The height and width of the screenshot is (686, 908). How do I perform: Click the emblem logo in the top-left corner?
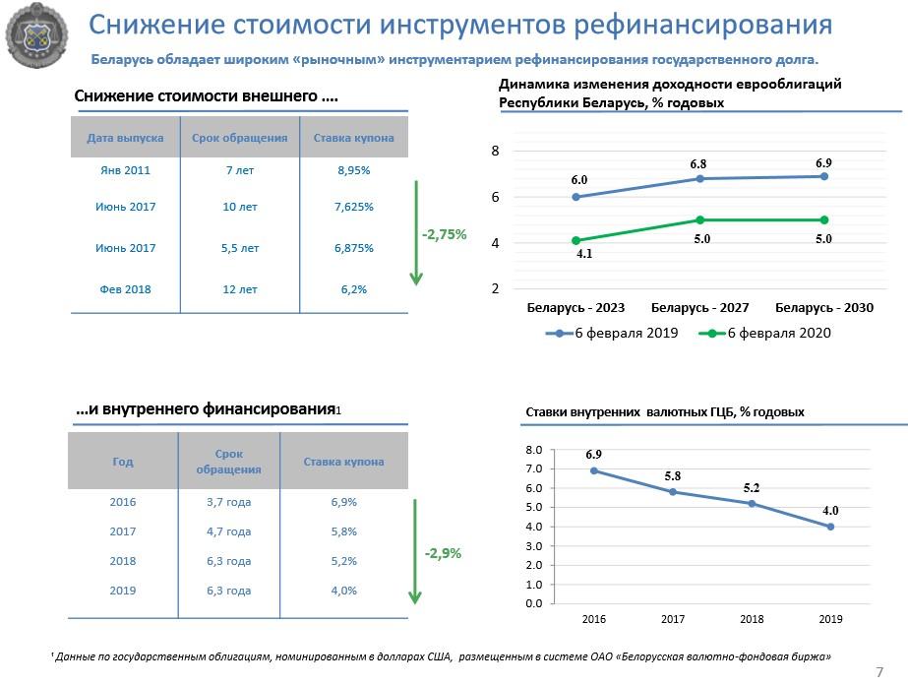(36, 37)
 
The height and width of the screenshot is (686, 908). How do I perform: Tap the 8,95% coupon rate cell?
(353, 170)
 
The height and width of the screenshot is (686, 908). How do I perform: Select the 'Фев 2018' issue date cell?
(125, 289)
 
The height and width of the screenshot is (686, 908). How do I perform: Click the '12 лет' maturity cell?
(240, 289)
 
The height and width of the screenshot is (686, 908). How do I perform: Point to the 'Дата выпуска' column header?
(125, 138)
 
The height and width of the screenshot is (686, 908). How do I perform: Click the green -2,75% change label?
(444, 235)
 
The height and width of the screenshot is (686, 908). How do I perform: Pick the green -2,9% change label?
(443, 553)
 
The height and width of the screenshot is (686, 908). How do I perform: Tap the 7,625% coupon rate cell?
(353, 208)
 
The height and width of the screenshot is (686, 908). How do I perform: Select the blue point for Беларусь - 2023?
(576, 197)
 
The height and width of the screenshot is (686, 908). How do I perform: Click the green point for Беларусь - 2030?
(823, 219)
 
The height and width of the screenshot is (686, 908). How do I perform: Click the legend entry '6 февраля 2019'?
(626, 334)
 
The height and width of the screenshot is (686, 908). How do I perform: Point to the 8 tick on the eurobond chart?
(496, 152)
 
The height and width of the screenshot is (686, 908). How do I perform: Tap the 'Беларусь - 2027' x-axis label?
(699, 308)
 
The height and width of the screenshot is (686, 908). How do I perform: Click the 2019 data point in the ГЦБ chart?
(830, 527)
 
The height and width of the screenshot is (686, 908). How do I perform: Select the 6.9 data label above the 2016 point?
(593, 455)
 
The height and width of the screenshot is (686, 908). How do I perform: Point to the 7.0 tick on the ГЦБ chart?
(534, 469)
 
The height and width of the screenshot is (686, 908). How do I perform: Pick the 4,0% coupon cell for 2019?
(343, 591)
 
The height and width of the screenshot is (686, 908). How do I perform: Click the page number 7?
(879, 671)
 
